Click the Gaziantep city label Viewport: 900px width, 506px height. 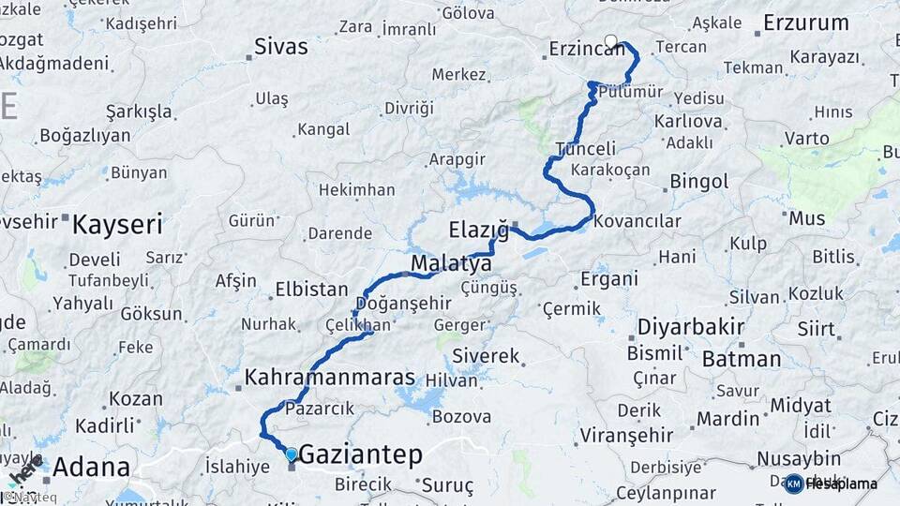(360, 454)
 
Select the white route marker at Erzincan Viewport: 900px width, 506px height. (611, 41)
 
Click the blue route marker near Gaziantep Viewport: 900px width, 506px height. (292, 454)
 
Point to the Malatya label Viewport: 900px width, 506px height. (451, 263)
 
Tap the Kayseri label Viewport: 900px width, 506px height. (117, 225)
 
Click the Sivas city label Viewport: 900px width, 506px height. (281, 47)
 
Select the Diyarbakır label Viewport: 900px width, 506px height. (691, 328)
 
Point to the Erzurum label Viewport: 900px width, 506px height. (805, 22)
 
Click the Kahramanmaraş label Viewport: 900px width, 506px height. (329, 378)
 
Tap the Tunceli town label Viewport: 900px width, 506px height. (586, 149)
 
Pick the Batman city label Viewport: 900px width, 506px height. (741, 359)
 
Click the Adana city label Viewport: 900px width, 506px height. (91, 467)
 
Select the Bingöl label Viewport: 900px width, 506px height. (699, 181)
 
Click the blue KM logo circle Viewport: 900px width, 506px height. (793, 484)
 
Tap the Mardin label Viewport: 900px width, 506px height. (727, 418)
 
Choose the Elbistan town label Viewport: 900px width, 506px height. (311, 290)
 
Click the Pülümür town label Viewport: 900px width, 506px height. (631, 91)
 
